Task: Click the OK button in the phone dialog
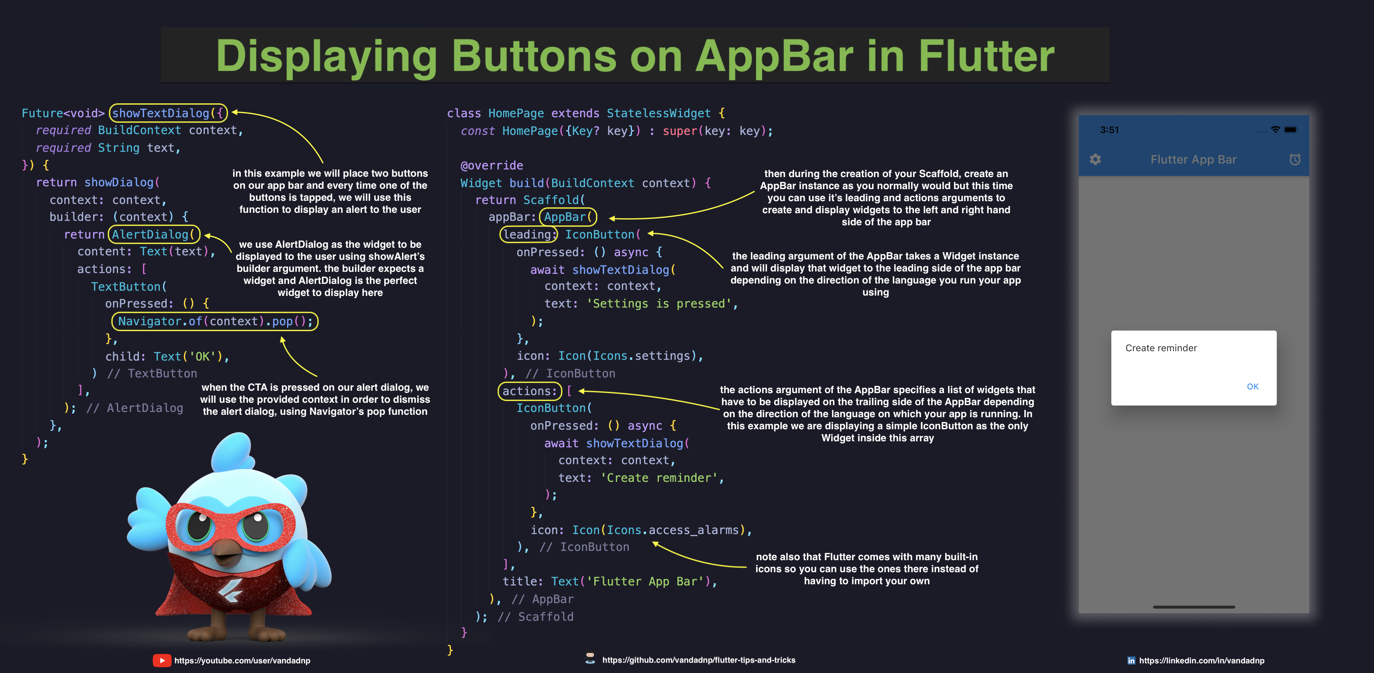tap(1252, 387)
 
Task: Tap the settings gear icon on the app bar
tap(1095, 159)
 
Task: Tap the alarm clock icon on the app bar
tap(1294, 159)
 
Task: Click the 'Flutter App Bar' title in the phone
tap(1193, 159)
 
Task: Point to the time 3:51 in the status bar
tap(1109, 130)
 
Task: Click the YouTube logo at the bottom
tap(162, 660)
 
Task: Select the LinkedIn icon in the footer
tap(1131, 661)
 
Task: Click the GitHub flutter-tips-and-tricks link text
tap(698, 660)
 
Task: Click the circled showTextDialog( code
tap(168, 113)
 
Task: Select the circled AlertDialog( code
tap(154, 234)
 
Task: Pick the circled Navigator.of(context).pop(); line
tap(214, 321)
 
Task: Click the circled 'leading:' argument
tap(528, 234)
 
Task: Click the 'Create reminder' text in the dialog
tap(1161, 348)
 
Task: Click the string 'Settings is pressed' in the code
tap(659, 304)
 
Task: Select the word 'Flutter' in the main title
tap(986, 56)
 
